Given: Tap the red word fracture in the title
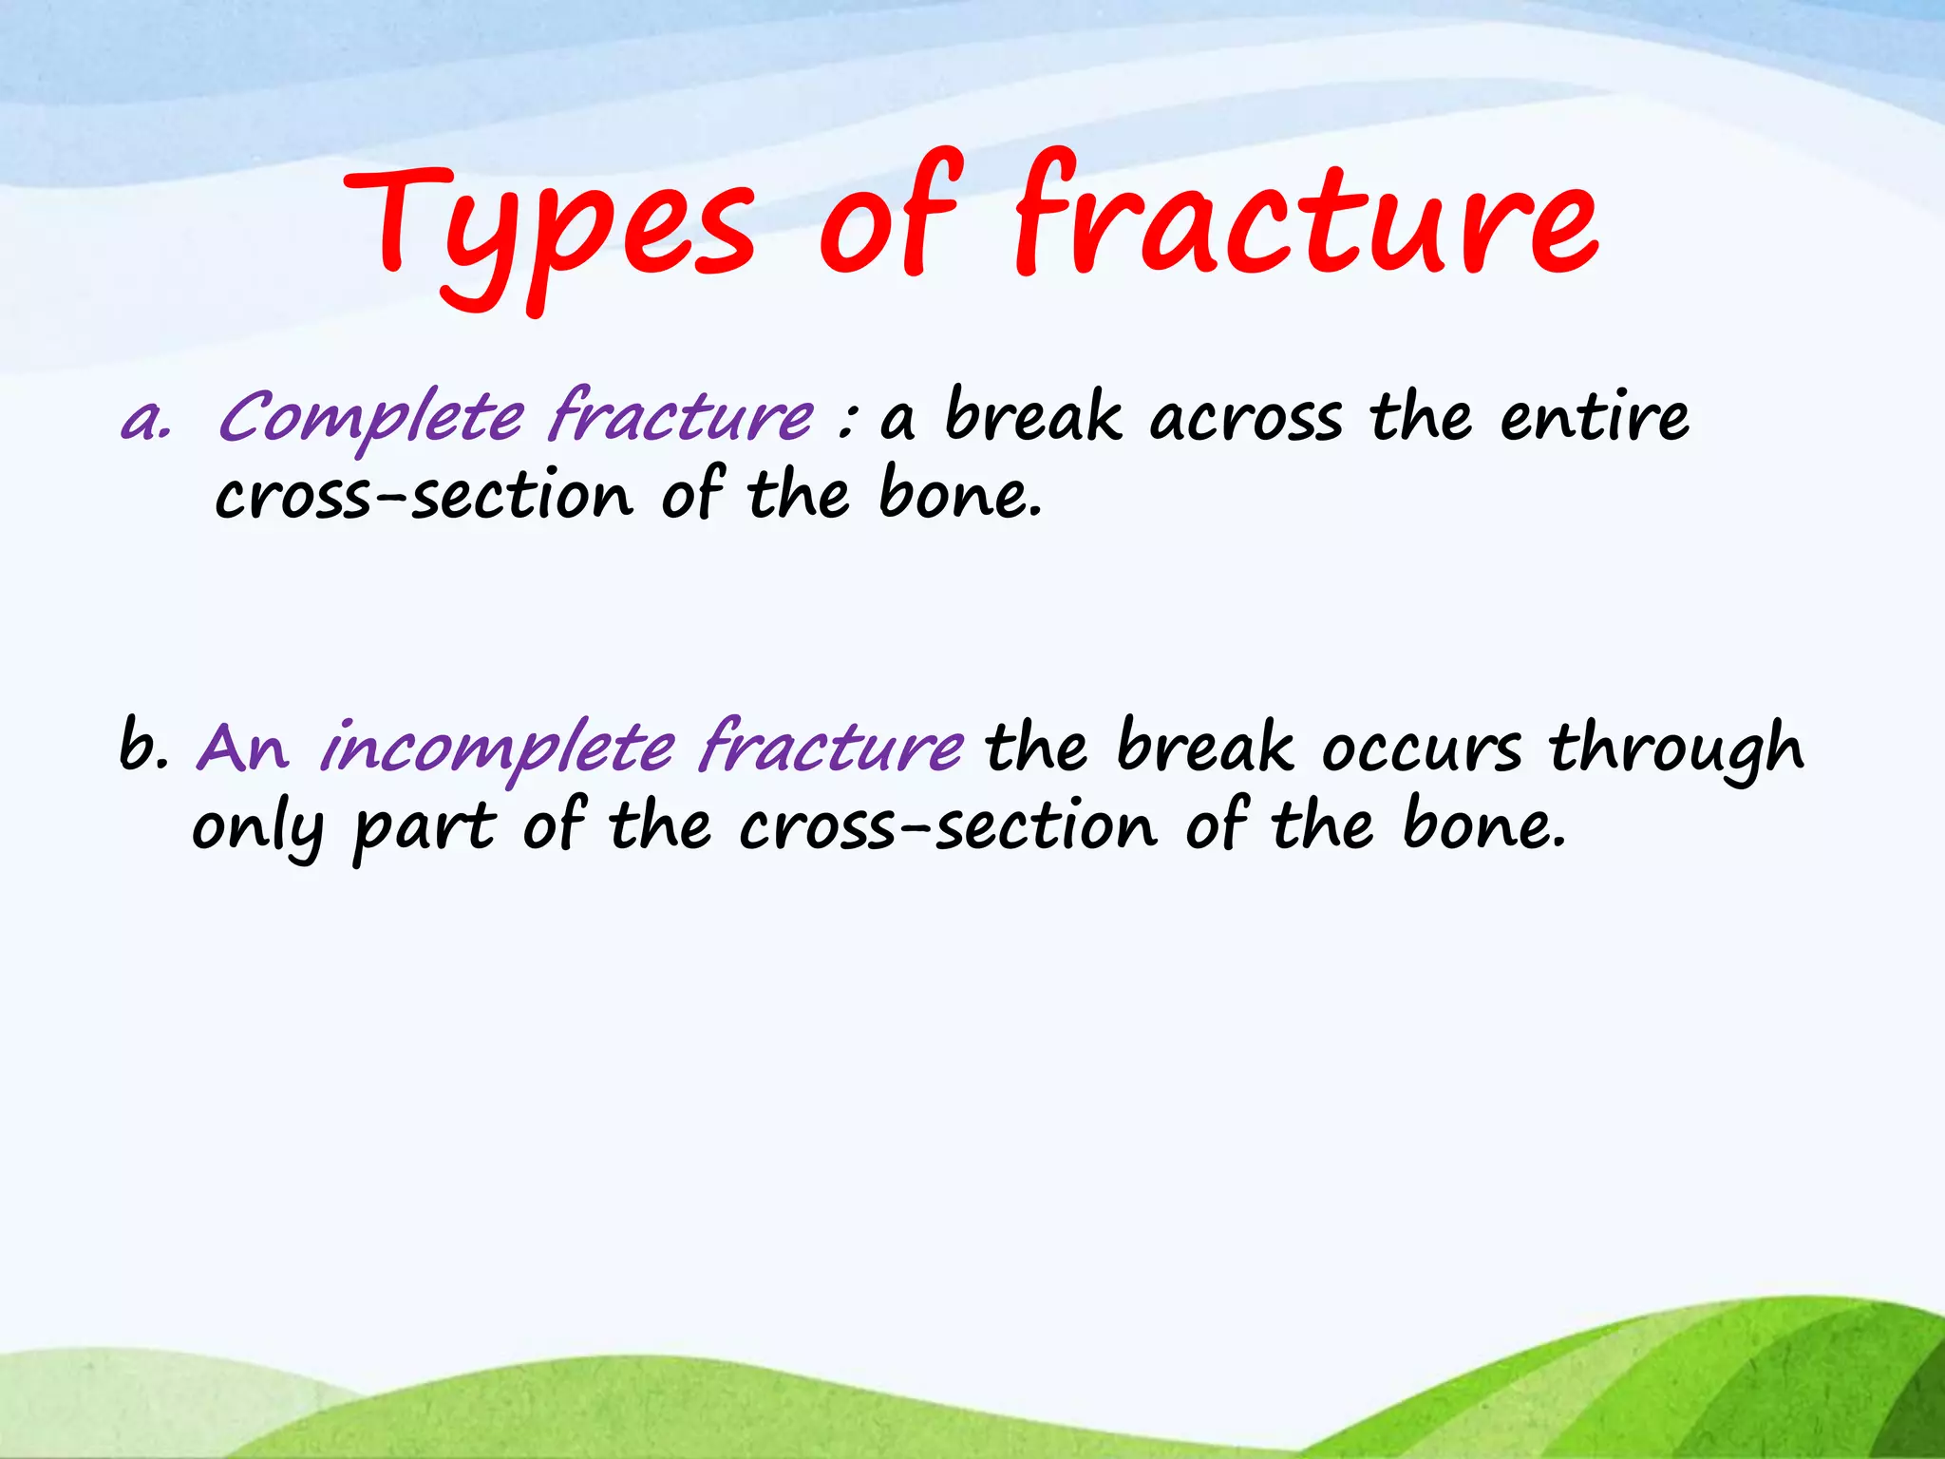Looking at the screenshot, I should tap(1305, 218).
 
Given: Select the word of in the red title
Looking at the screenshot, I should tap(888, 218).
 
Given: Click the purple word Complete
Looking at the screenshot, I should tap(370, 418).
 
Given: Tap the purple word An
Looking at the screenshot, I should tap(242, 750).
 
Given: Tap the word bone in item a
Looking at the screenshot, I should tap(958, 496).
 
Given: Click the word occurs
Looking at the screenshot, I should tap(1422, 749).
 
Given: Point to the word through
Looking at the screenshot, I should tap(1676, 750).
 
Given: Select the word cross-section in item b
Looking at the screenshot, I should tap(948, 828).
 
